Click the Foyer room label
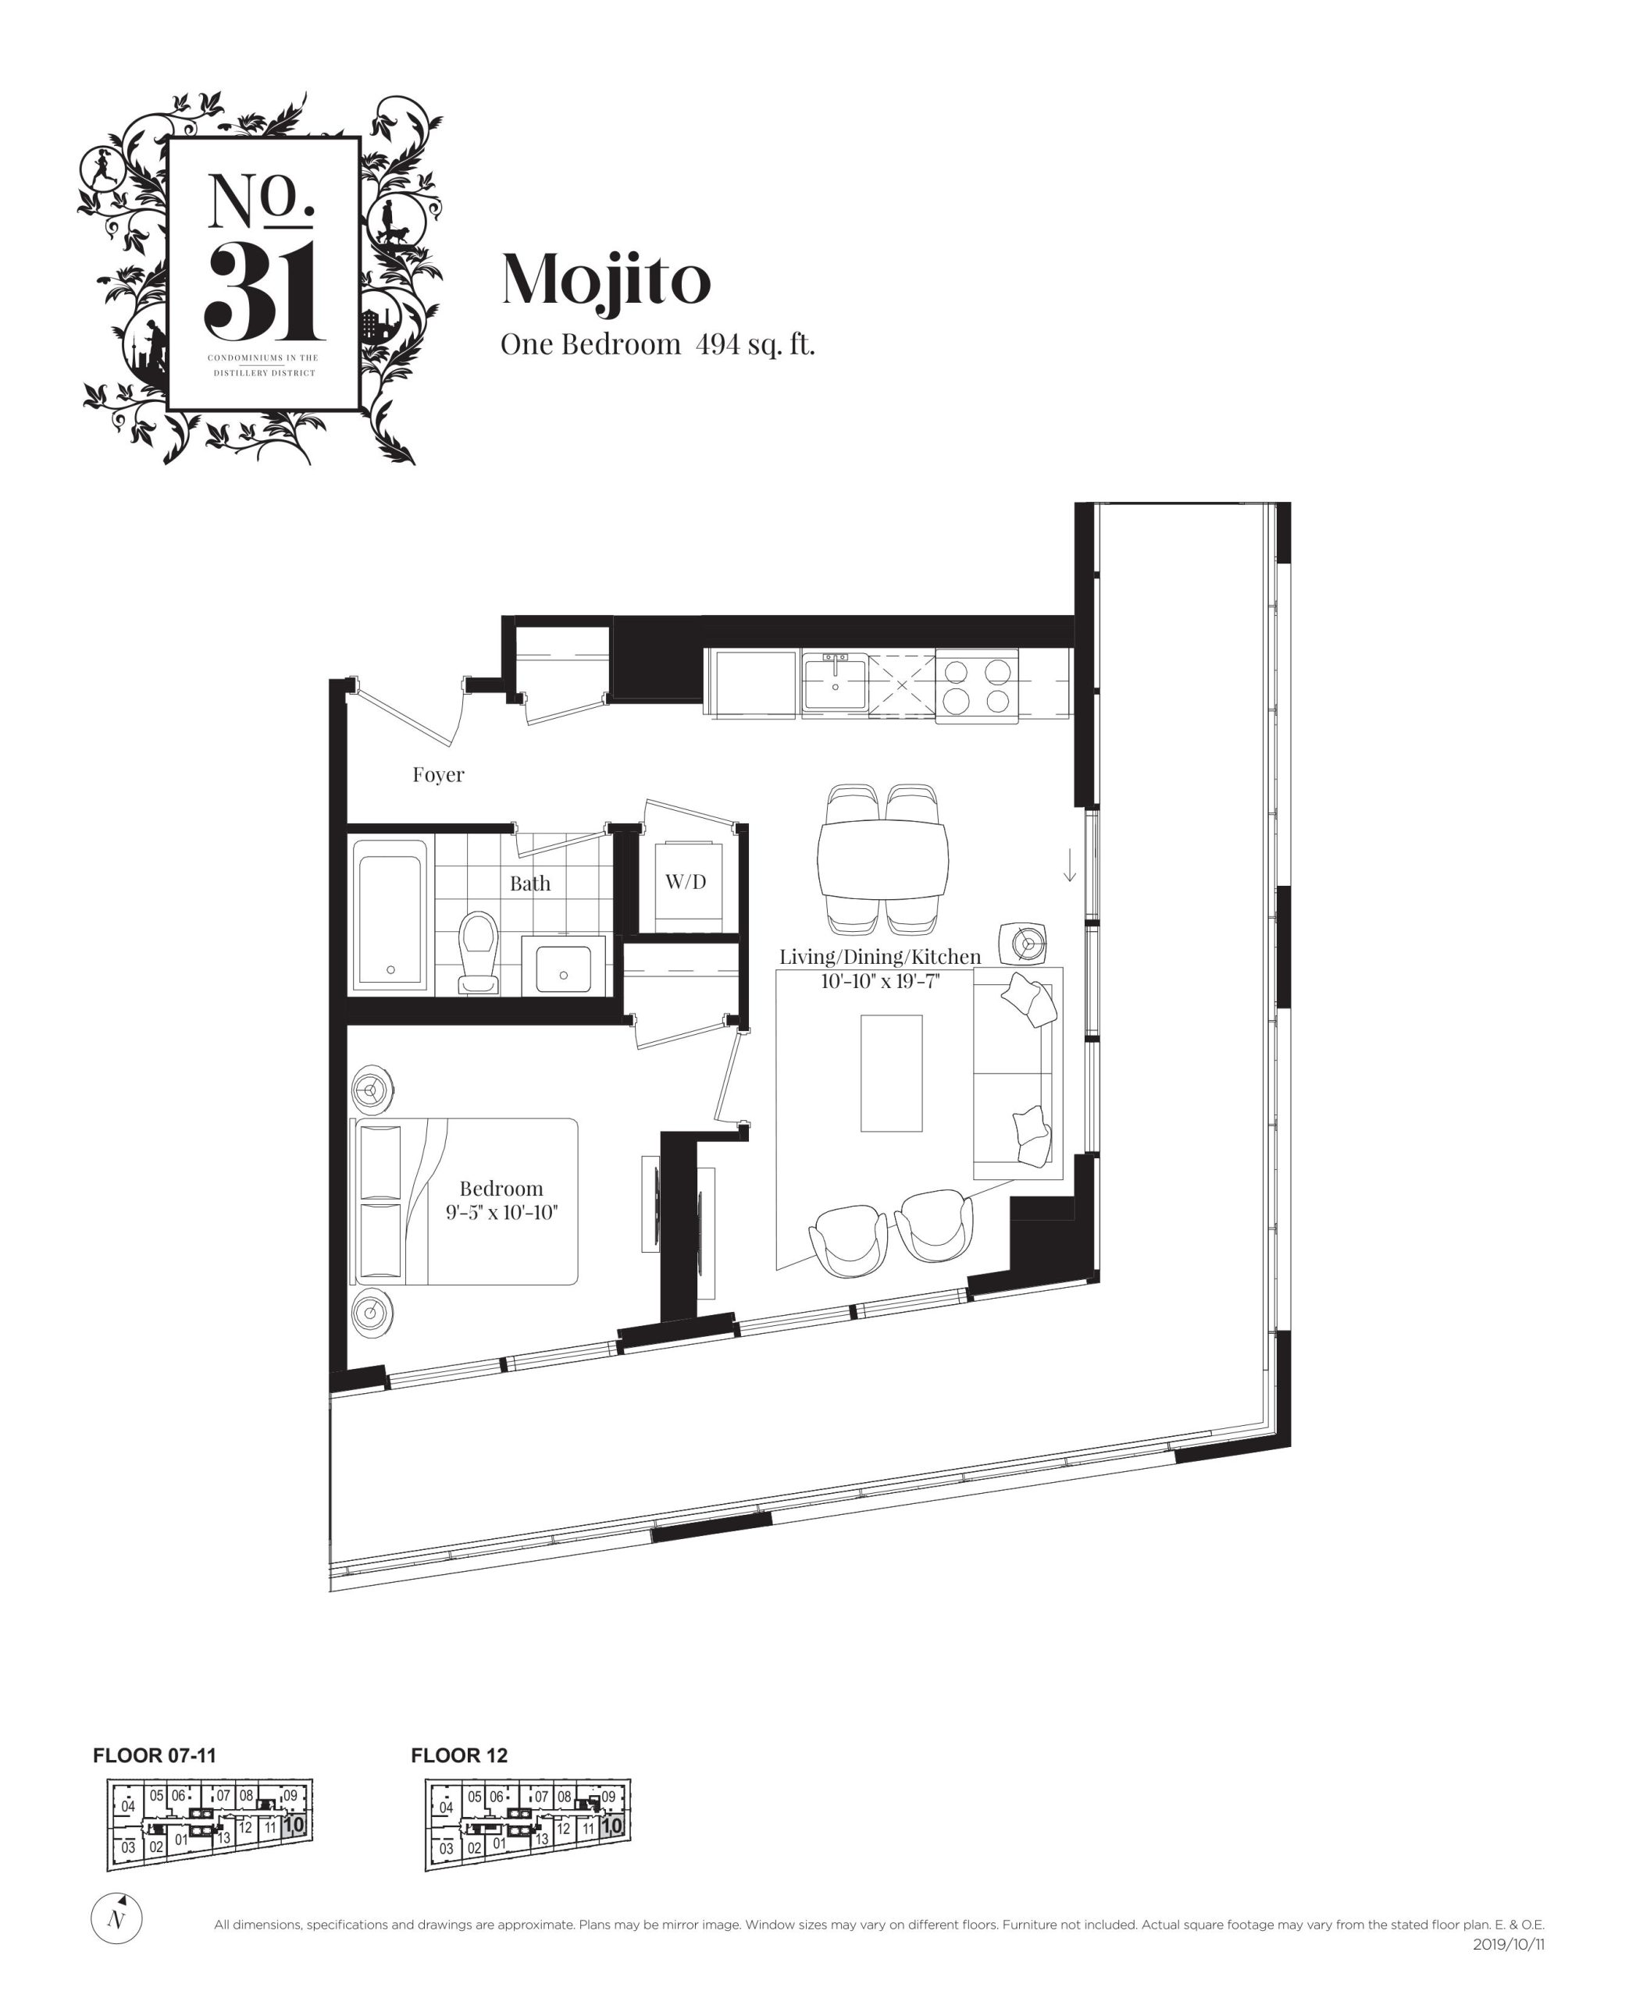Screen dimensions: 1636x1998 438,774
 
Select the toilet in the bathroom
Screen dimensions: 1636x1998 479,952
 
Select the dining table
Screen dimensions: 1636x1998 883,860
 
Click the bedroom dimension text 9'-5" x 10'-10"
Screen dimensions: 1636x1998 501,1211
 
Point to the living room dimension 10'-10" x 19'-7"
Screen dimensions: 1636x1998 880,980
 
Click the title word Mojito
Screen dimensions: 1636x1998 606,281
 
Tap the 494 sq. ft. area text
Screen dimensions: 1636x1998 755,345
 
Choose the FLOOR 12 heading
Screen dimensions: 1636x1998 459,1755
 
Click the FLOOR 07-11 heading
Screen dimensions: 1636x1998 155,1755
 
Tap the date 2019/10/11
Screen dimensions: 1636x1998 1509,1944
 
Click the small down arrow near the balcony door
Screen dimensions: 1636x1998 1070,865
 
